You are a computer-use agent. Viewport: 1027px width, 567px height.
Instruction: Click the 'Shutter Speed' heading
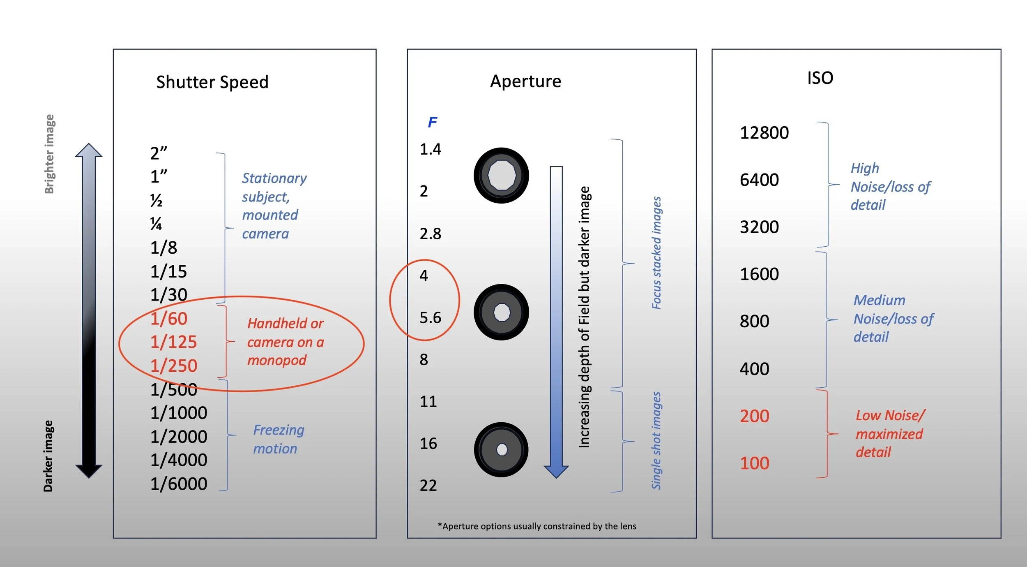pyautogui.click(x=212, y=82)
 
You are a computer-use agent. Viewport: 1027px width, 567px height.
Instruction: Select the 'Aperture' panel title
pyautogui.click(x=525, y=81)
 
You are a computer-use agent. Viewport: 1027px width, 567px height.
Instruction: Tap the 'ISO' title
pyautogui.click(x=820, y=78)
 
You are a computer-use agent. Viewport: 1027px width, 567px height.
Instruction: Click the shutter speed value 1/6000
pyautogui.click(x=179, y=484)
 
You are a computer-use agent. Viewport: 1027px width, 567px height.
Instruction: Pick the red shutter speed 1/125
pyautogui.click(x=173, y=342)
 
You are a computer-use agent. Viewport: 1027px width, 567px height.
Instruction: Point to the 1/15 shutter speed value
pyautogui.click(x=168, y=271)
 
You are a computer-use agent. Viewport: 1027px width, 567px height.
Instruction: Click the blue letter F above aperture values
pyautogui.click(x=432, y=122)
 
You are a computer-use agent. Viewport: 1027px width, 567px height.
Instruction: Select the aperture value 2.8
pyautogui.click(x=430, y=234)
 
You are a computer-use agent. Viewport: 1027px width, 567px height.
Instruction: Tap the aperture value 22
pyautogui.click(x=428, y=486)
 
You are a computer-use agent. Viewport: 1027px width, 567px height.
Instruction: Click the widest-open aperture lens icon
pyautogui.click(x=501, y=176)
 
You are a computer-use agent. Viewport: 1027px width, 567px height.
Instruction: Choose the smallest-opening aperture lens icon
pyautogui.click(x=501, y=449)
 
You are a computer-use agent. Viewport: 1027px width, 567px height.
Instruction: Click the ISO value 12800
pyautogui.click(x=764, y=133)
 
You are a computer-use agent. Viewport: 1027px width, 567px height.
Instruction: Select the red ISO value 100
pyautogui.click(x=754, y=463)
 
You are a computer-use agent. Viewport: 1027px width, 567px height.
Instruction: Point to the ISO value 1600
pyautogui.click(x=759, y=274)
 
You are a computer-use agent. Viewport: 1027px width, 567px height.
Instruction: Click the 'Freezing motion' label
pyautogui.click(x=279, y=439)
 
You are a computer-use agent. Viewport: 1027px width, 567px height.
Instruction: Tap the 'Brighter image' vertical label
pyautogui.click(x=49, y=154)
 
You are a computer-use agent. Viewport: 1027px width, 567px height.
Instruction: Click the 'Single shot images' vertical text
pyautogui.click(x=656, y=440)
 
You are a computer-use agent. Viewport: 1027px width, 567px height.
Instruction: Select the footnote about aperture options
pyautogui.click(x=537, y=526)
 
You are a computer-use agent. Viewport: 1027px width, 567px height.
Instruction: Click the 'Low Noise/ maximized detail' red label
pyautogui.click(x=890, y=434)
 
